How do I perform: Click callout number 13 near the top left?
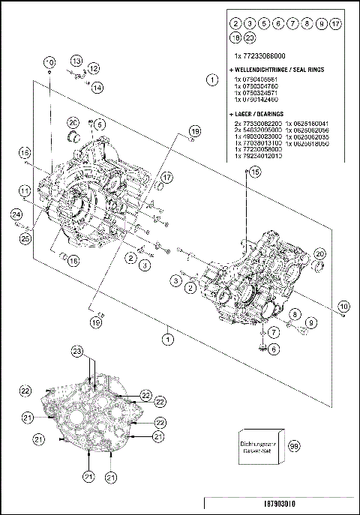pyautogui.click(x=76, y=60)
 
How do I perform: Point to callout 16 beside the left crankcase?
pyautogui.click(x=25, y=151)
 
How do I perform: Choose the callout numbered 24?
pyautogui.click(x=16, y=215)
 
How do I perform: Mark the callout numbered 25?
pyautogui.click(x=25, y=238)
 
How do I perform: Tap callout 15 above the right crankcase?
pyautogui.click(x=255, y=172)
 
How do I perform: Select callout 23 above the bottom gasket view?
pyautogui.click(x=76, y=352)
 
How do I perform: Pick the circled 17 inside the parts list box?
pyautogui.click(x=335, y=24)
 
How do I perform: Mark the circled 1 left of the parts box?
pyautogui.click(x=213, y=78)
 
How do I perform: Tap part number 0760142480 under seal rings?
pyautogui.click(x=256, y=99)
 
